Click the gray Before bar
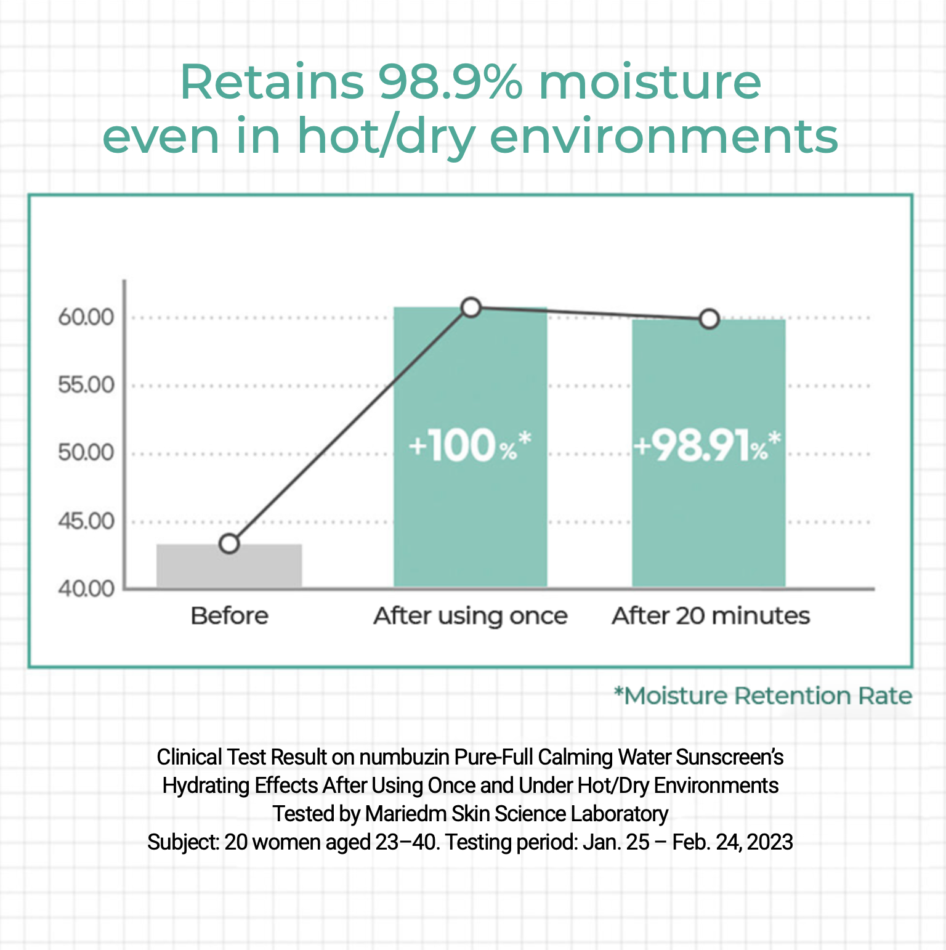[229, 566]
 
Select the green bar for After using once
[471, 447]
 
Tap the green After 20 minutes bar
[709, 453]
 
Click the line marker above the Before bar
[229, 543]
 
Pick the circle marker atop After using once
[471, 307]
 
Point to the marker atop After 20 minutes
[709, 319]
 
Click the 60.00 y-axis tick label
[86, 317]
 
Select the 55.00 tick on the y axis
[86, 385]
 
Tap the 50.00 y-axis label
[86, 453]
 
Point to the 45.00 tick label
[86, 521]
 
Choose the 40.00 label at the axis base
[86, 588]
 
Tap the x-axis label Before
[230, 615]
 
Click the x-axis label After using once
[471, 616]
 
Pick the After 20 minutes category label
[711, 615]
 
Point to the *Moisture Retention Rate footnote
[763, 696]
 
